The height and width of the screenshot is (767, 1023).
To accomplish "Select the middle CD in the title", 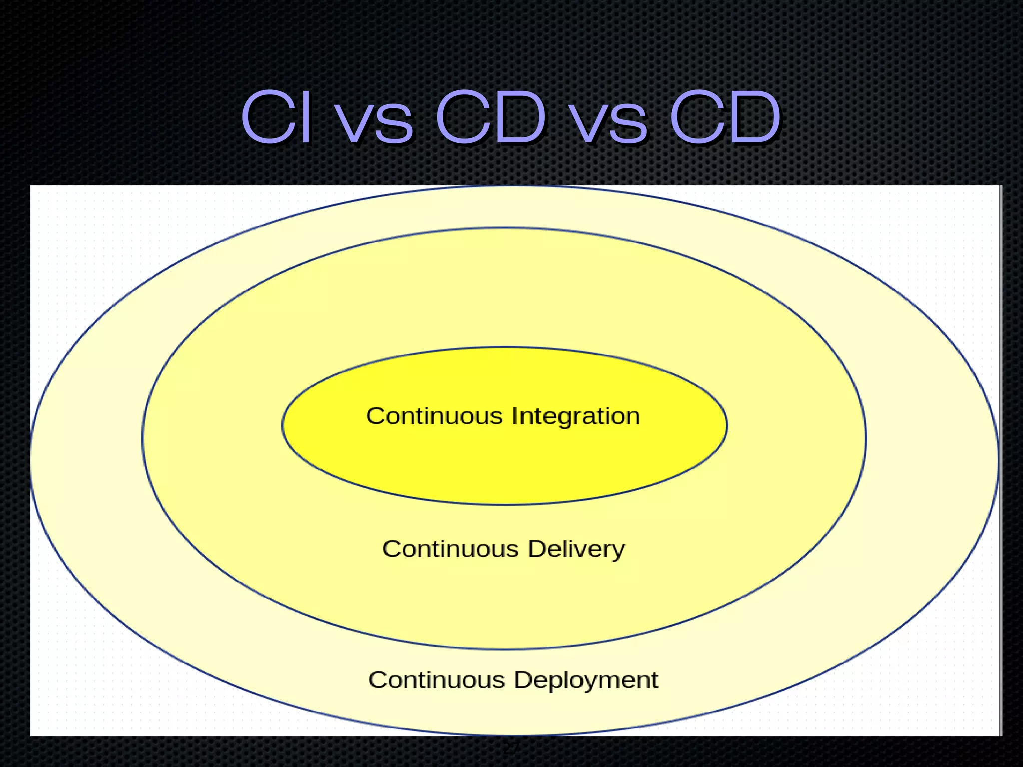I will click(491, 117).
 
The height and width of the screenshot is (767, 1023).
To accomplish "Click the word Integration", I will click(575, 417).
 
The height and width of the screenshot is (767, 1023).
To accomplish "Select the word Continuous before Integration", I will click(434, 416).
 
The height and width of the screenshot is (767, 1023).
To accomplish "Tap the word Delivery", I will click(576, 549).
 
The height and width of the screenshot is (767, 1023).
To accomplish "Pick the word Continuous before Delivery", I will click(450, 549).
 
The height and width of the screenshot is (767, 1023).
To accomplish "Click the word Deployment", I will click(586, 681).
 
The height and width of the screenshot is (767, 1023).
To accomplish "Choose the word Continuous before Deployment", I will click(436, 680).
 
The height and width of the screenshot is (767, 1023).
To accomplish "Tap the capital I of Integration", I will click(515, 416).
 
